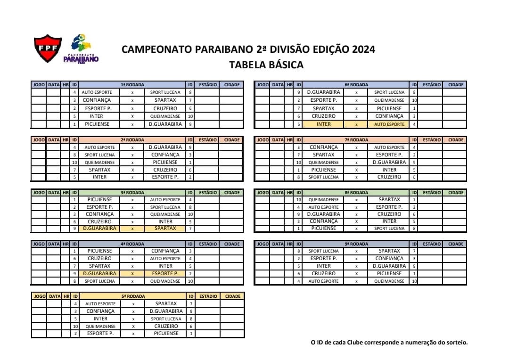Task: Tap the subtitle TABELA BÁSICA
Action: coord(266,65)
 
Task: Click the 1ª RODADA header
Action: coord(132,85)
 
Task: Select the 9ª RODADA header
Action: coord(356,244)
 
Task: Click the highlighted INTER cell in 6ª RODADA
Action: coord(323,124)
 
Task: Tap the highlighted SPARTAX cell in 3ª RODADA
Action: coord(165,229)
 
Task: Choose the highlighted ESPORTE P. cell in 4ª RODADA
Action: coord(165,273)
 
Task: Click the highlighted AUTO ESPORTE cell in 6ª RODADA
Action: coord(389,124)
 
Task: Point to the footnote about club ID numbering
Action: coord(389,343)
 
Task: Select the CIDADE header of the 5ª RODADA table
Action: coord(232,296)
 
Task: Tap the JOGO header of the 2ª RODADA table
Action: coord(39,140)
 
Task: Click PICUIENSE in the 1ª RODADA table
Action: coord(97,124)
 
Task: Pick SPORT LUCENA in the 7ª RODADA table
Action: coord(323,177)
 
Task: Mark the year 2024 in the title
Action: coord(363,49)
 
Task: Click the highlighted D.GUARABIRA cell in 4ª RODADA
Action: coord(99,273)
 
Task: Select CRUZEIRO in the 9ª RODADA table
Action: coord(323,274)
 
